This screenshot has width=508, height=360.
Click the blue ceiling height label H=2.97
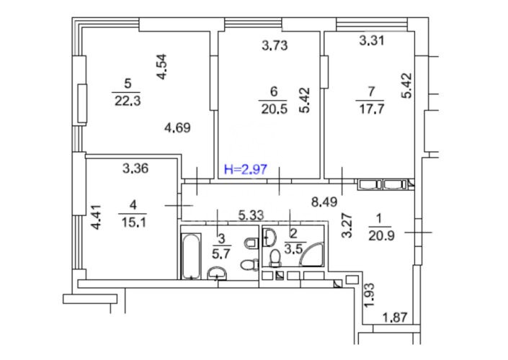246,169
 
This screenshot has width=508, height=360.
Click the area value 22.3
128,101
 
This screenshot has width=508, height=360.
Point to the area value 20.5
274,109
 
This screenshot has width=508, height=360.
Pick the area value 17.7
371,109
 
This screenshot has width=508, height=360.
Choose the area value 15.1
133,222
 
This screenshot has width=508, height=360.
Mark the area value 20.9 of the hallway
381,235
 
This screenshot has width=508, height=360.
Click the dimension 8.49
324,202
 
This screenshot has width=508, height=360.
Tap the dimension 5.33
251,215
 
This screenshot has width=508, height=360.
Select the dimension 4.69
177,128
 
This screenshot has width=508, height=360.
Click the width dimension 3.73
275,45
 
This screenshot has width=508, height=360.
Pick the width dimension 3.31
372,40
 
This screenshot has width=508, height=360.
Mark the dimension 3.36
135,168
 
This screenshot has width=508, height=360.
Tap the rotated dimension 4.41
97,217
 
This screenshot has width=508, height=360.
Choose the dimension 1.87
395,318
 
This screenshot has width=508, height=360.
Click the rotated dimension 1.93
369,296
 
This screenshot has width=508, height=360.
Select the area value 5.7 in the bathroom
221,253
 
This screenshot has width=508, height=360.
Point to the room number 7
371,92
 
